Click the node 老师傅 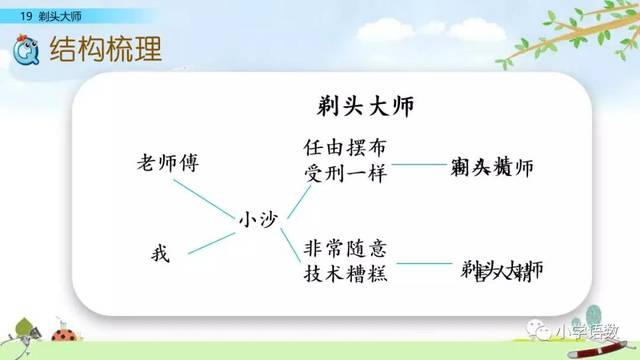pyautogui.click(x=171, y=162)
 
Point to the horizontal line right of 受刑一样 pyautogui.click(x=419, y=164)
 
